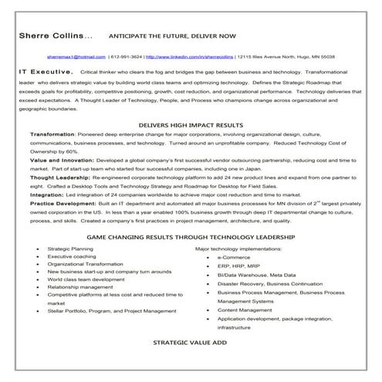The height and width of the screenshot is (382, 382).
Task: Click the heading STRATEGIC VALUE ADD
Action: [191, 361]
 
